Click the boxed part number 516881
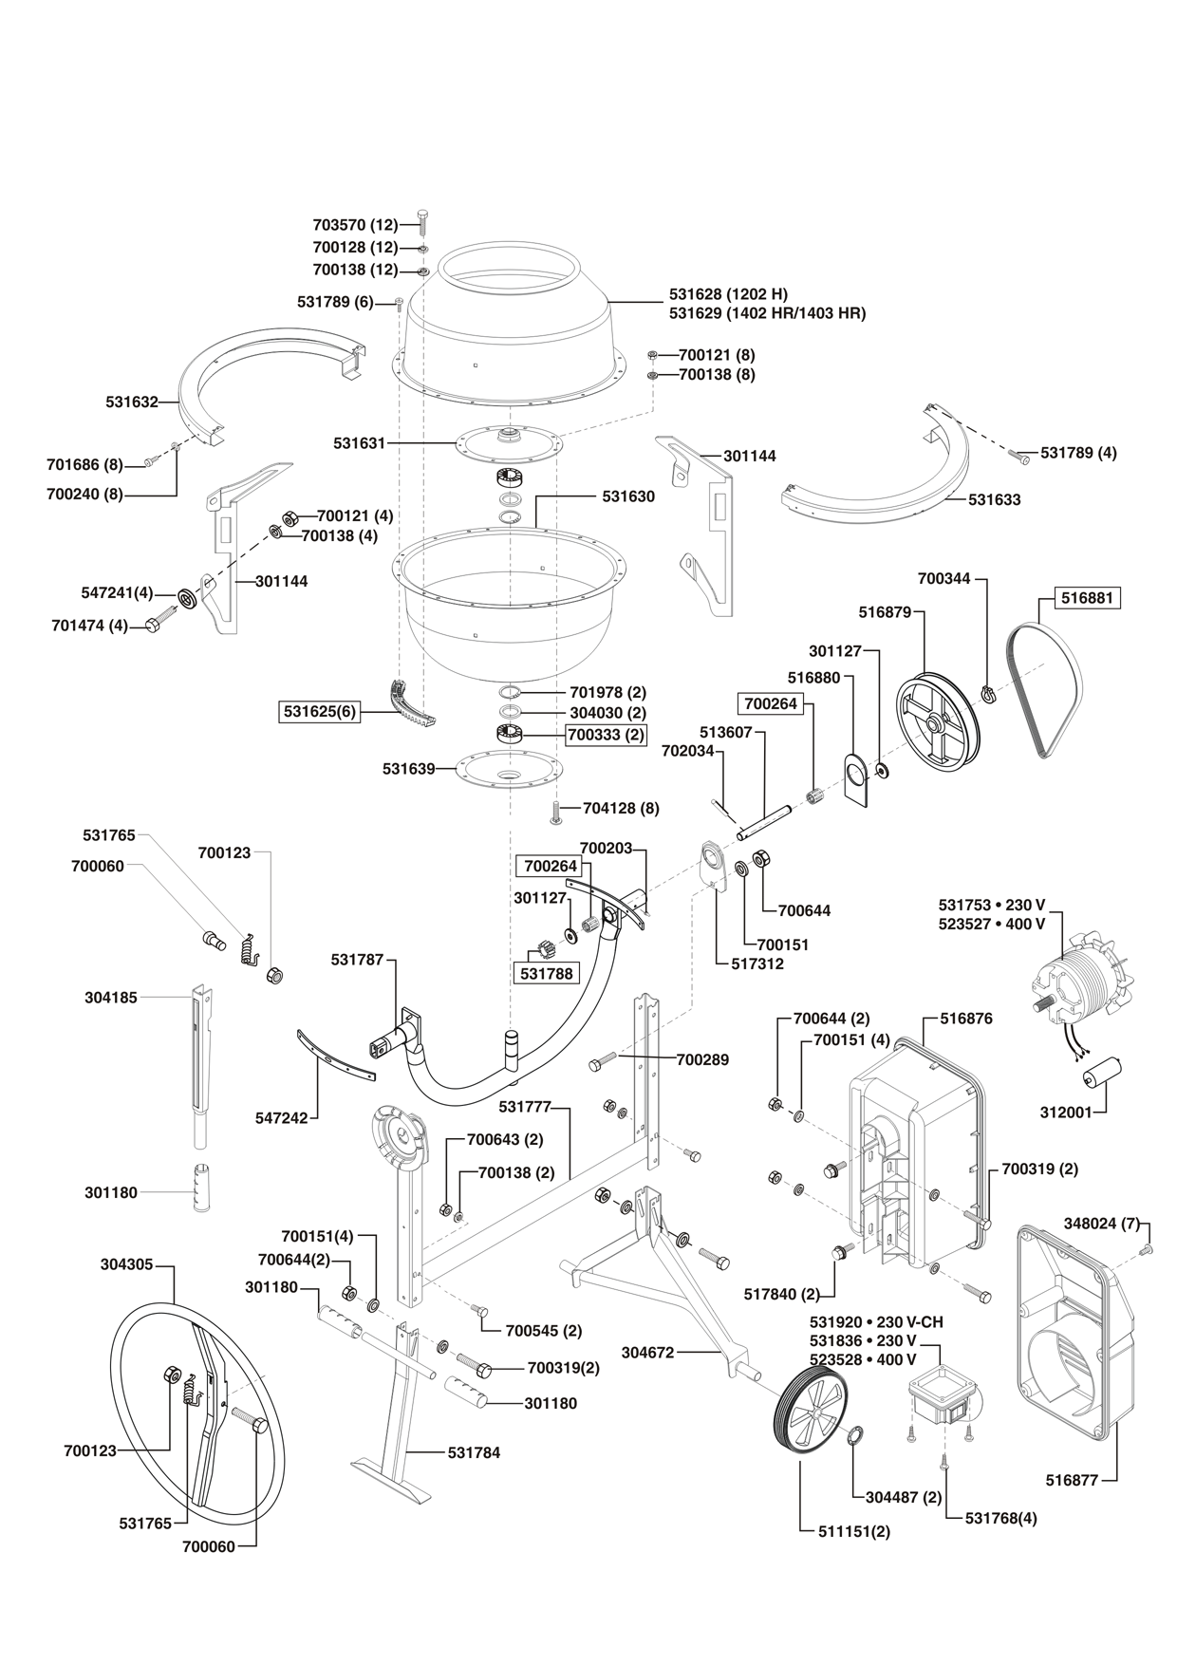(1088, 599)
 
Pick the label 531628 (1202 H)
(728, 294)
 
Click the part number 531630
(627, 496)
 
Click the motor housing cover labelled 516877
(1077, 1329)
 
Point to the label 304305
(126, 1264)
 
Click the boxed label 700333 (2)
(605, 734)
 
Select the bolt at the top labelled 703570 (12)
(422, 224)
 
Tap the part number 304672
(647, 1352)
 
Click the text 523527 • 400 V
(991, 924)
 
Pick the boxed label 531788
(546, 973)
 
